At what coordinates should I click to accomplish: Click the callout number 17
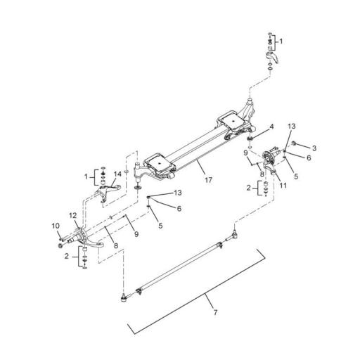pos(208,180)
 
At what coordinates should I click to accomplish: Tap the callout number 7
pos(215,312)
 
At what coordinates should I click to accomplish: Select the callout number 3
pos(314,148)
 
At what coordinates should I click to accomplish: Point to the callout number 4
pos(271,127)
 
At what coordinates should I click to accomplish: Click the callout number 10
pos(56,226)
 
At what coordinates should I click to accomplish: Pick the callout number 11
pos(283,186)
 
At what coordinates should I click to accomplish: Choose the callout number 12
pos(73,215)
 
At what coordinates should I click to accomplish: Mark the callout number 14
pos(118,174)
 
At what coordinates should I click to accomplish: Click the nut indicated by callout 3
pos(293,143)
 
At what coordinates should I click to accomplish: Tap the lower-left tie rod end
pos(124,298)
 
